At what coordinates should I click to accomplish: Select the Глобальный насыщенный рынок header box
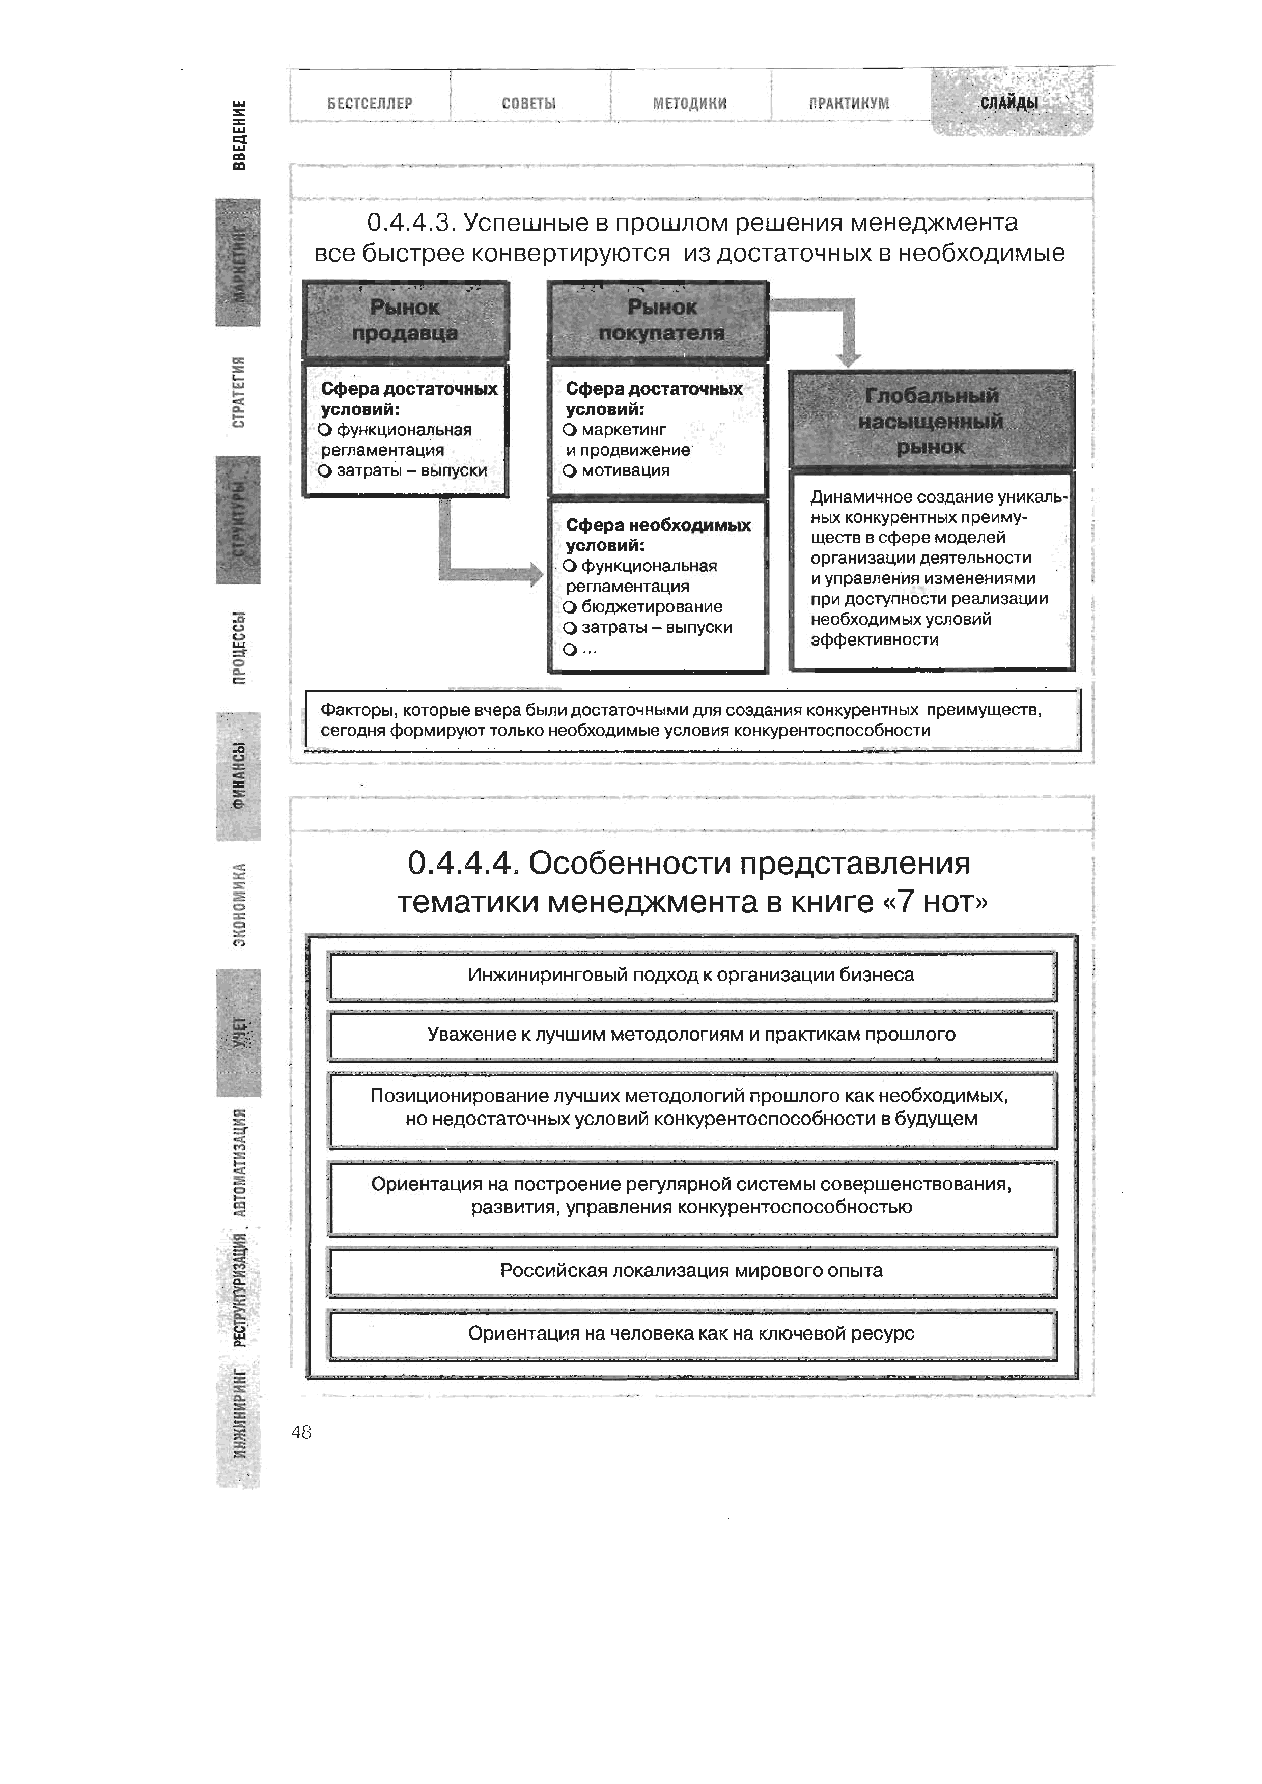[x=931, y=421]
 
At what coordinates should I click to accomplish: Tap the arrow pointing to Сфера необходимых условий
[x=490, y=573]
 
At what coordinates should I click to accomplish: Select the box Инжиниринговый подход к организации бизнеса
[x=692, y=975]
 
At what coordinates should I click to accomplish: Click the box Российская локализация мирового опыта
[x=692, y=1270]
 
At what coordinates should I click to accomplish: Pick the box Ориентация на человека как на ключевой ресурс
[x=692, y=1333]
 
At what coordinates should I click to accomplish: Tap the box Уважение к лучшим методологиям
[x=692, y=1034]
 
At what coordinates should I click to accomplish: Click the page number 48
[x=301, y=1432]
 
